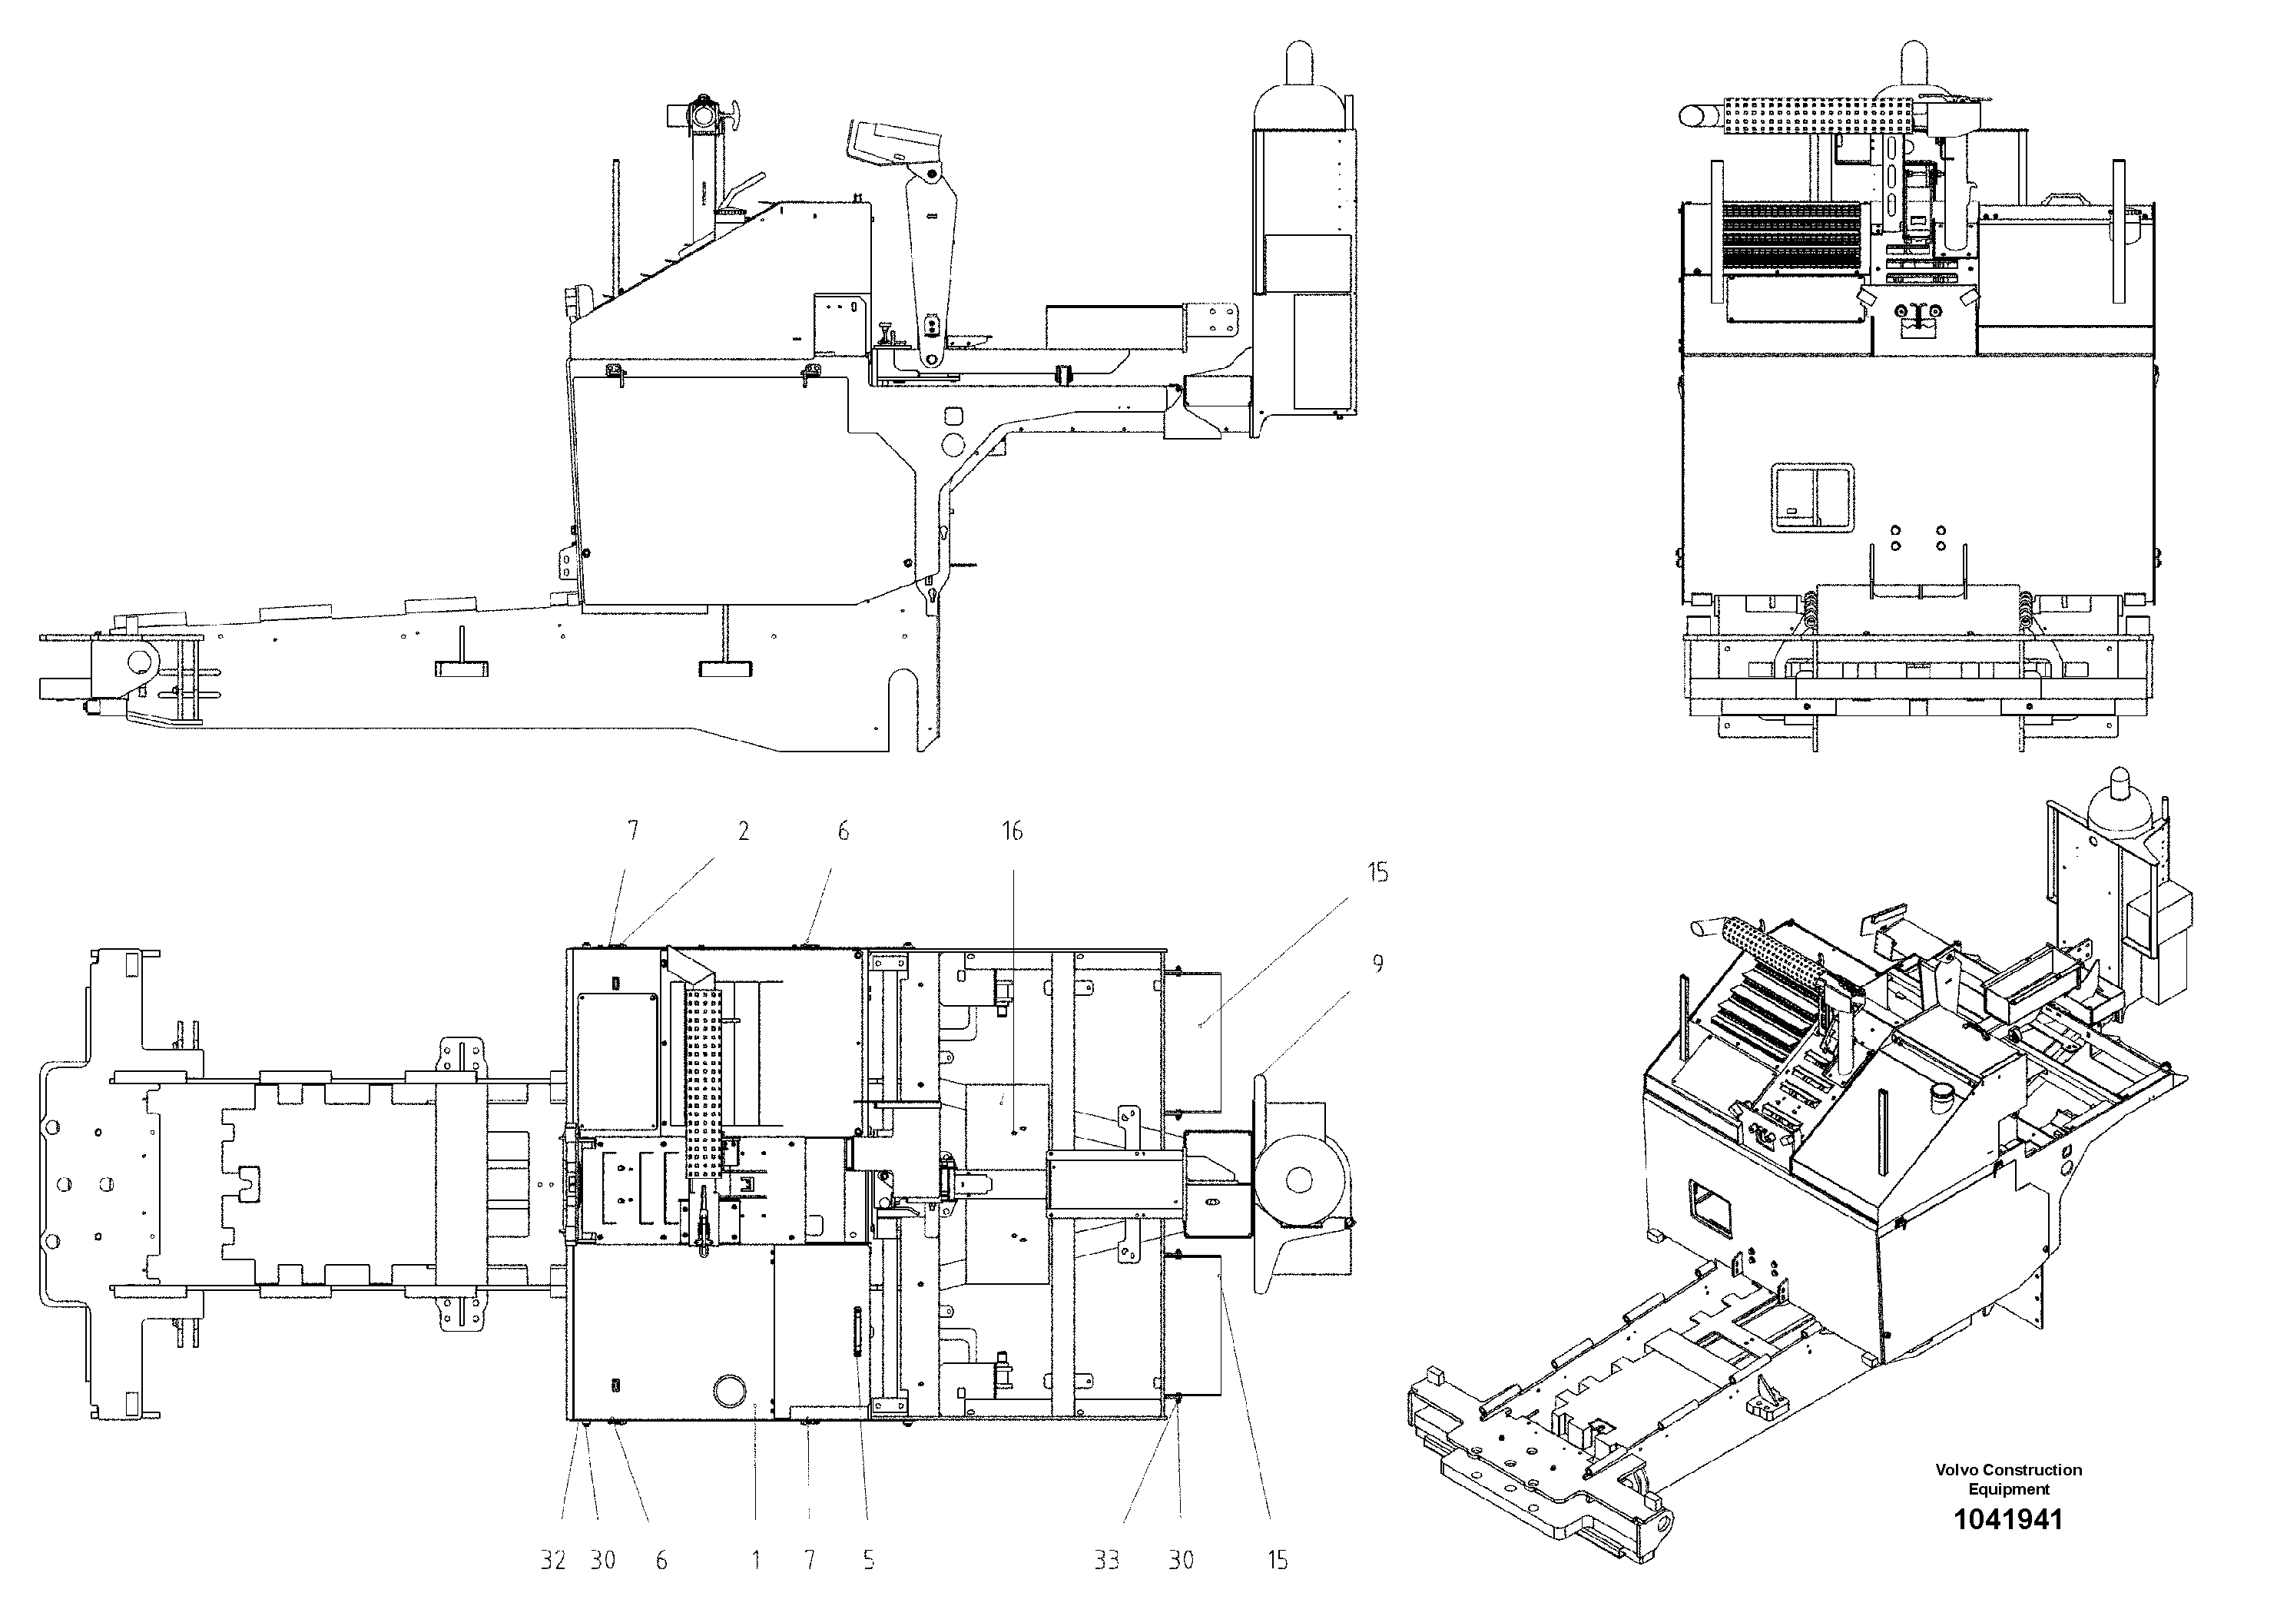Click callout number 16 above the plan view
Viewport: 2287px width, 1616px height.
[1012, 831]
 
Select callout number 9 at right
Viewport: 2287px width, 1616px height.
[1377, 964]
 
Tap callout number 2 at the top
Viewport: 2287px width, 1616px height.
[743, 831]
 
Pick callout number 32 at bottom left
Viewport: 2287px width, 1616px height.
[553, 1560]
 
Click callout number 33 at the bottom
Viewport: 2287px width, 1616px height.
[1107, 1560]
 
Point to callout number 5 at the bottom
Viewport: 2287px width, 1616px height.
[869, 1560]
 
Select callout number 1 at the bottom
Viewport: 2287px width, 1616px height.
[756, 1560]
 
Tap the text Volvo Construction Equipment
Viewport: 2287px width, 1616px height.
[2008, 1478]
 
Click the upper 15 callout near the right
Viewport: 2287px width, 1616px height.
[1377, 873]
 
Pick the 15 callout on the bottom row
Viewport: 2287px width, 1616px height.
[1277, 1560]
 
